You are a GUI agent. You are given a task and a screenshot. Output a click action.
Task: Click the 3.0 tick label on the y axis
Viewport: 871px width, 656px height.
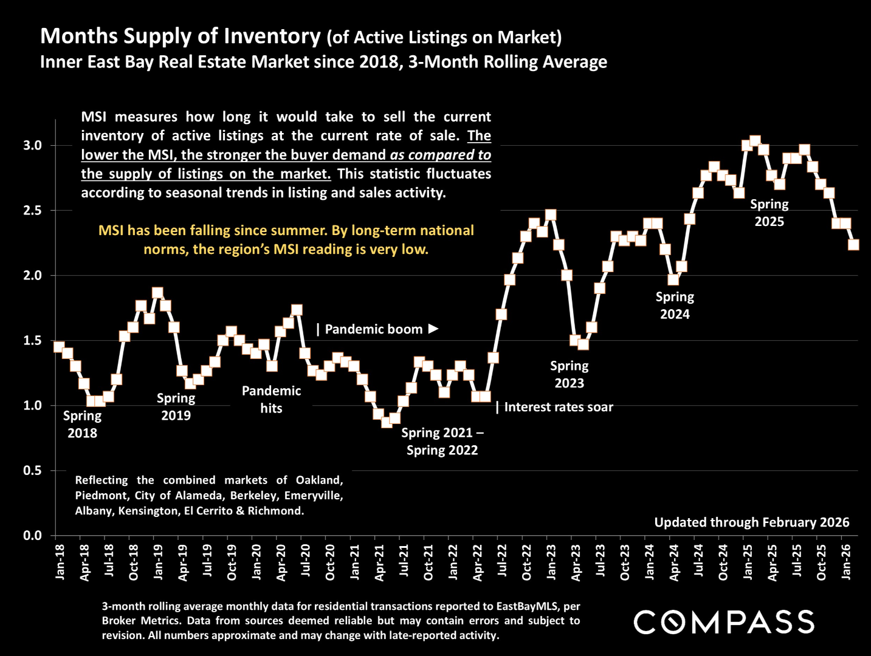click(32, 146)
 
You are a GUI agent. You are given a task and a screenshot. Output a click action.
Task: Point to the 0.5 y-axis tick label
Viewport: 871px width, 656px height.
click(32, 471)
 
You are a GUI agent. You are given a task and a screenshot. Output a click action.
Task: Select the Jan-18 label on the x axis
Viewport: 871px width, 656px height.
click(60, 562)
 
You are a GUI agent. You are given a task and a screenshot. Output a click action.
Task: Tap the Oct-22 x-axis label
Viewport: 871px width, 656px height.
click(526, 562)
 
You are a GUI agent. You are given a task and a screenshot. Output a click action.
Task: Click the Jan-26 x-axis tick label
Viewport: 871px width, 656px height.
click(845, 562)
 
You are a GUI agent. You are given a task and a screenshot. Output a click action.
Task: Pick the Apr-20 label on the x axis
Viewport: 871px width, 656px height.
click(281, 562)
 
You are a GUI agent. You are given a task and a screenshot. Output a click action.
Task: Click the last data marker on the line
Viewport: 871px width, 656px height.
click(853, 244)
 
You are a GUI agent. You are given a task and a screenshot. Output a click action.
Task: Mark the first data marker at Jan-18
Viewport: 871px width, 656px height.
click(59, 347)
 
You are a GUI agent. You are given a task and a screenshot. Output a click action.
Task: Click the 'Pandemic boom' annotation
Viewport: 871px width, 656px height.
click(373, 329)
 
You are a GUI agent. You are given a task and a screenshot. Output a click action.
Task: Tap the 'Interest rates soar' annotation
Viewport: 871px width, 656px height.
click(558, 407)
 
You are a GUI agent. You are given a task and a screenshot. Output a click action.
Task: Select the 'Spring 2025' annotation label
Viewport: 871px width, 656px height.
click(769, 213)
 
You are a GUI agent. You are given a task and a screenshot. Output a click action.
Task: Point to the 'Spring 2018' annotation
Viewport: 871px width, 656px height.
click(82, 424)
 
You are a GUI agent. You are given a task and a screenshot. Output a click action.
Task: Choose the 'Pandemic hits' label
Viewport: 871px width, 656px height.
click(271, 399)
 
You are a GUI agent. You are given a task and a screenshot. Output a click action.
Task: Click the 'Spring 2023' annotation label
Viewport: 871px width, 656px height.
click(569, 374)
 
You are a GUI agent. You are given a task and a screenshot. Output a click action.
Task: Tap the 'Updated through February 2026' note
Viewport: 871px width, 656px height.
click(751, 522)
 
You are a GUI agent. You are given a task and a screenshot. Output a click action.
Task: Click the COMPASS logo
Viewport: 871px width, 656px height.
click(723, 622)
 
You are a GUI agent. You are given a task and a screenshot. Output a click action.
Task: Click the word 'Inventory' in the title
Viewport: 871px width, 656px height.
click(271, 36)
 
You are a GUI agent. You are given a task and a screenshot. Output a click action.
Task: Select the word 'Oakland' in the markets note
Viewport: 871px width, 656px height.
click(320, 480)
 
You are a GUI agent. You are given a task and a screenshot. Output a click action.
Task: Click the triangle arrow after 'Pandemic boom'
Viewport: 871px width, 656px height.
click(433, 329)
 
